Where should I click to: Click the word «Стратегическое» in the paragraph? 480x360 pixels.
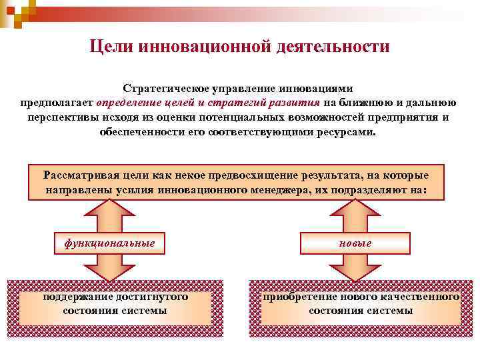pos(163,89)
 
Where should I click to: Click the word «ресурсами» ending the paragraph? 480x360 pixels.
pos(343,132)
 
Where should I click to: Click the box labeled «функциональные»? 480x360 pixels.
pos(110,243)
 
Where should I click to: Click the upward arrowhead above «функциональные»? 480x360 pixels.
pos(110,212)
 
